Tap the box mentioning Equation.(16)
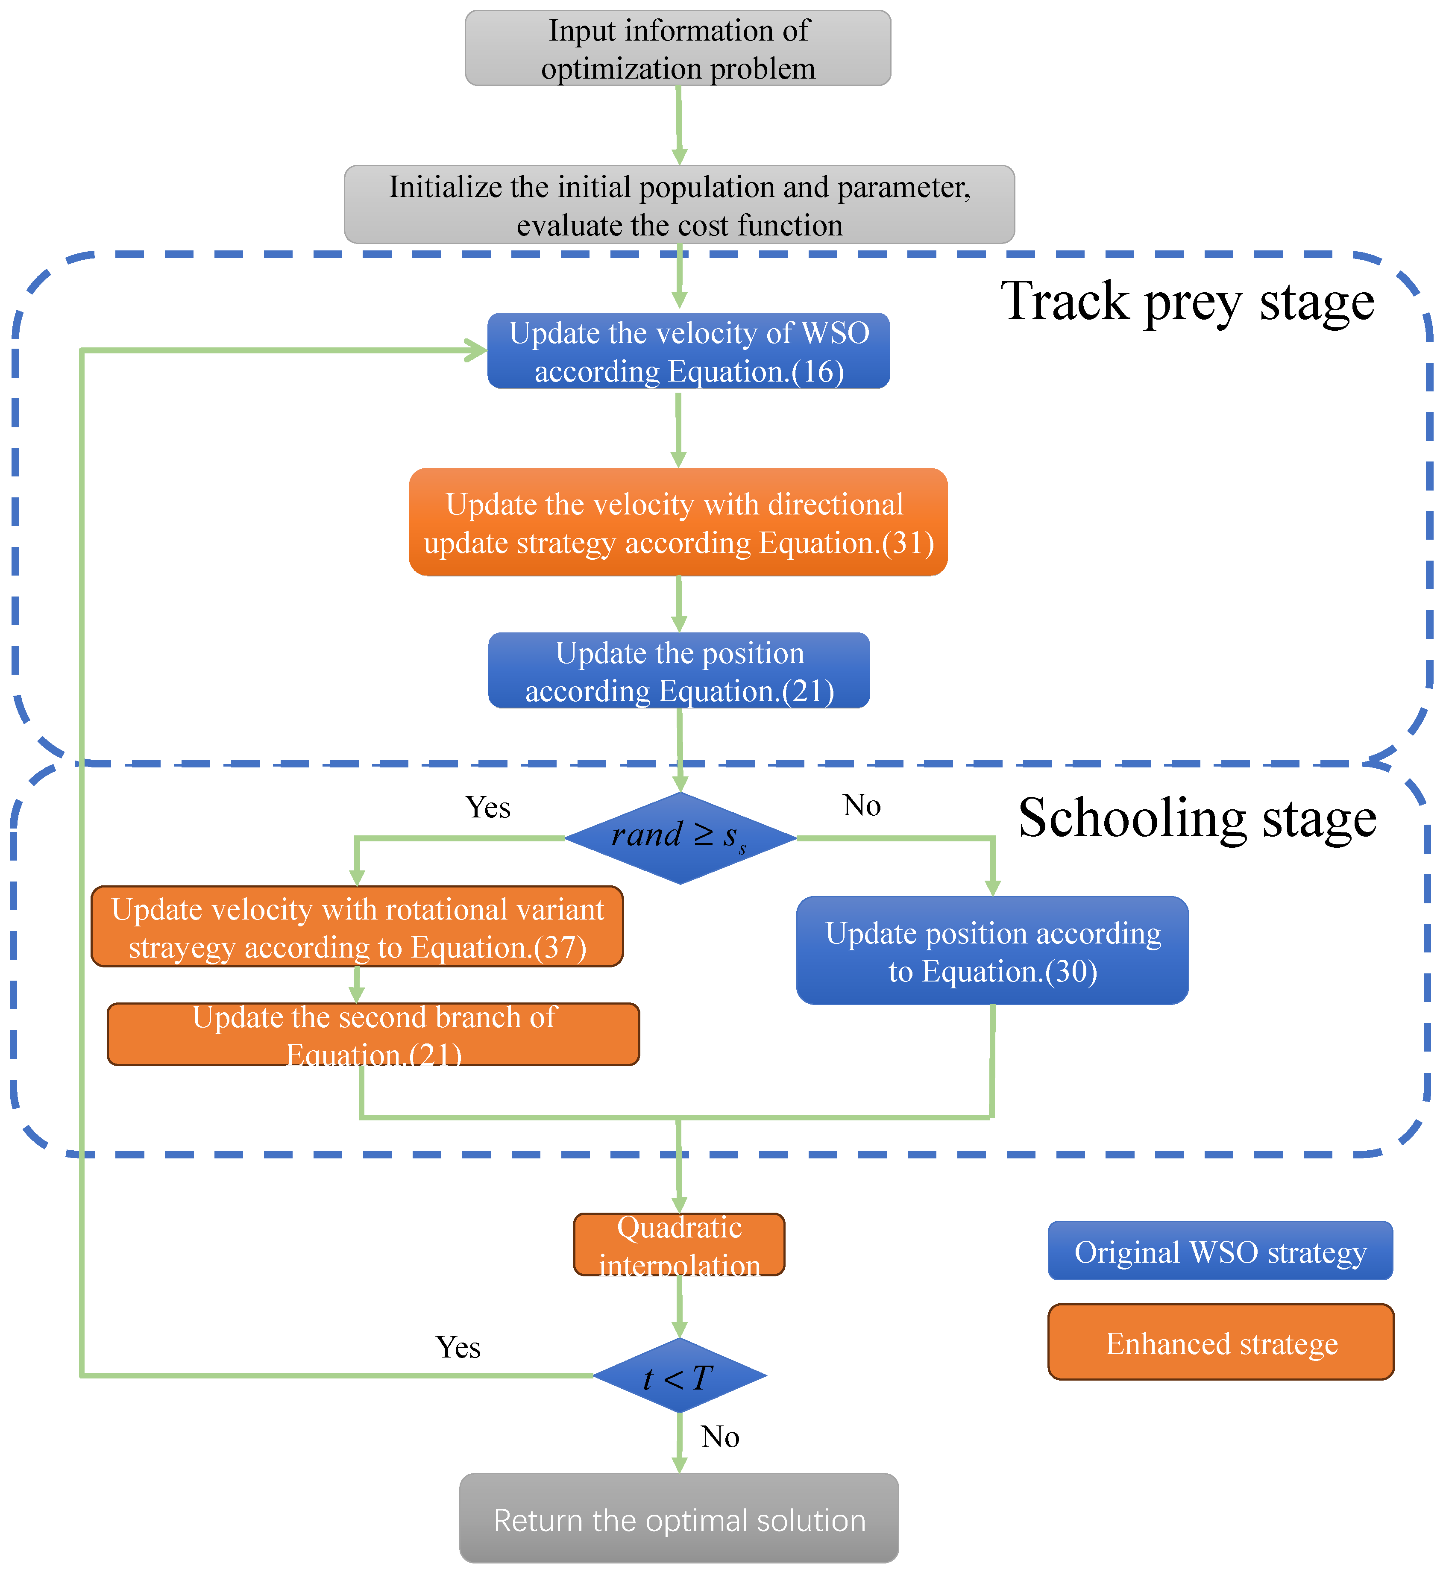point(689,351)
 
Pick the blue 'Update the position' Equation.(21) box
point(679,671)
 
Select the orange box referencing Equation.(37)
point(358,928)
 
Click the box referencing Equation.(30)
point(993,951)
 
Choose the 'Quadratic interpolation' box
point(679,1245)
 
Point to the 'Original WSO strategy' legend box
point(1220,1252)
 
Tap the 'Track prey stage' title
point(1187,302)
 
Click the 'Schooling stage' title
point(1197,819)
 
